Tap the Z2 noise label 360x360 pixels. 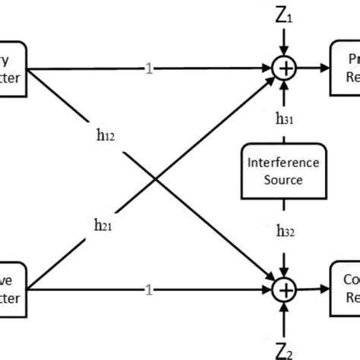pos(286,346)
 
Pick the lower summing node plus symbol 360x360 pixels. pos(283,289)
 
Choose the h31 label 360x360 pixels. pos(285,119)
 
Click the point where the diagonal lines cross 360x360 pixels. pos(156,179)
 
